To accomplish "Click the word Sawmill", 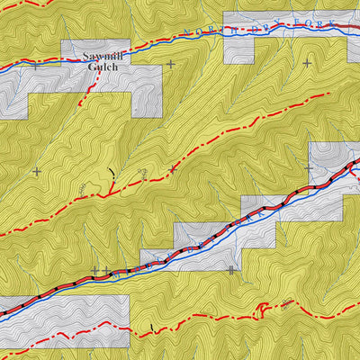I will click(101, 56).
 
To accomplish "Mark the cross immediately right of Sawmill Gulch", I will click(170, 64).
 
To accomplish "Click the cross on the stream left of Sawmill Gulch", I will click(36, 65).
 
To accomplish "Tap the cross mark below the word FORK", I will click(307, 63).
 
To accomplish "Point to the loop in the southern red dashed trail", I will click(261, 309).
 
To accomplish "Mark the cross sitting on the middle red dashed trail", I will click(173, 168).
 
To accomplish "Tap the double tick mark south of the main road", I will click(231, 269).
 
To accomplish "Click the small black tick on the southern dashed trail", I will click(153, 325).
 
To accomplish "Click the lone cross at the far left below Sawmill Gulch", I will click(36, 171).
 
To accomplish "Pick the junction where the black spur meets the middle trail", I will click(110, 193).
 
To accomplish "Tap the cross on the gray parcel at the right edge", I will click(309, 168).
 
